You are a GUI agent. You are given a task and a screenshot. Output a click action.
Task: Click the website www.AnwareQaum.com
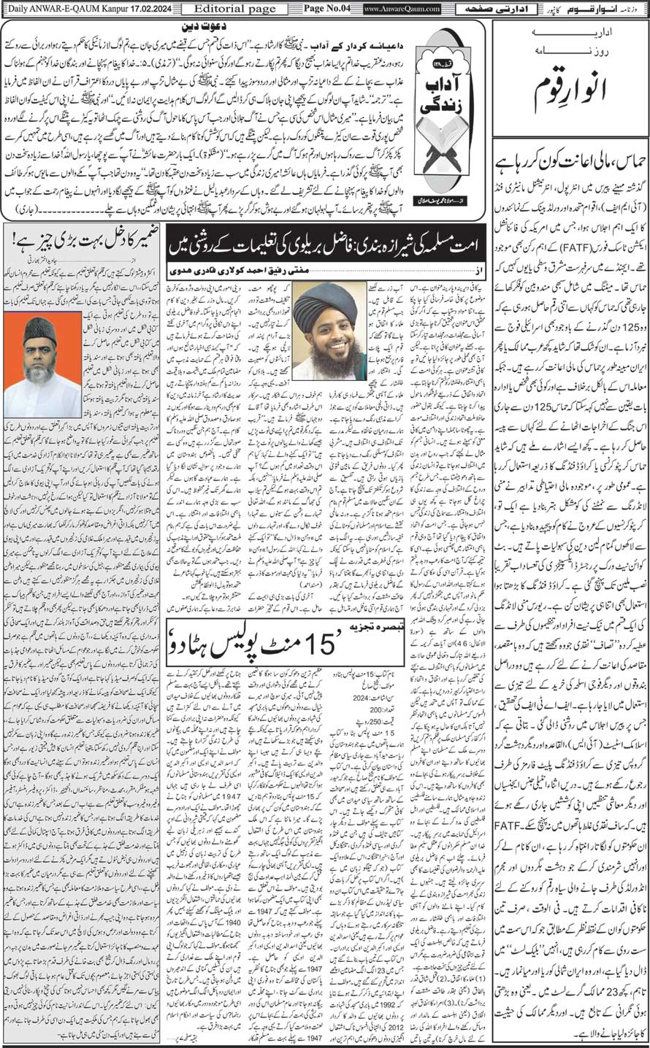(402, 9)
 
